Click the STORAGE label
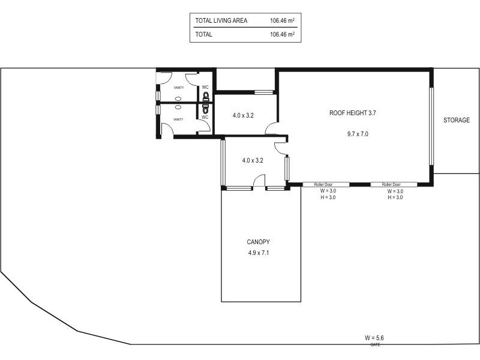pos(456,120)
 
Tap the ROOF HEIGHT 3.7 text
pos(353,112)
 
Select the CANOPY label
pos(258,242)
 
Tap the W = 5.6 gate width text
pos(374,338)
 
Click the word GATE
pos(375,345)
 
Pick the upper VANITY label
pos(179,88)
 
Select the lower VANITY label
pos(178,119)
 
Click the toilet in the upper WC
pos(205,96)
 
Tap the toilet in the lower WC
pos(205,109)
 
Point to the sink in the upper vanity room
pos(178,98)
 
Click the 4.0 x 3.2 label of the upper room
pos(243,115)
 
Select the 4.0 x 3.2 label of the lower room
pos(253,160)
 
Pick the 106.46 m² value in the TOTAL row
pos(282,35)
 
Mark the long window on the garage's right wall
pos(430,126)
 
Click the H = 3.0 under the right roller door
pos(395,197)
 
